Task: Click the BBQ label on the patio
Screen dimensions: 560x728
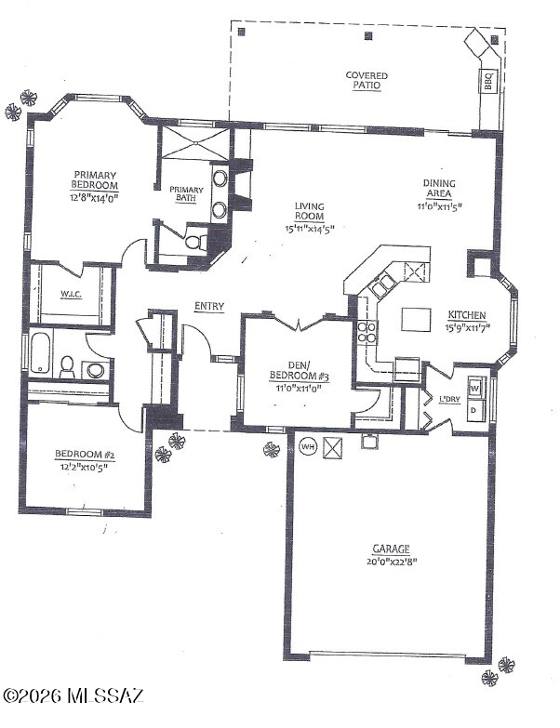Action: [488, 81]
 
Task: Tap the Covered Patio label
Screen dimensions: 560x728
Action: [367, 80]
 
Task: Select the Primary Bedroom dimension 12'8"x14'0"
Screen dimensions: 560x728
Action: [95, 197]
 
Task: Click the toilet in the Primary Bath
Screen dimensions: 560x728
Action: [196, 242]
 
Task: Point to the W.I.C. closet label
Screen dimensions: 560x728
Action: [71, 295]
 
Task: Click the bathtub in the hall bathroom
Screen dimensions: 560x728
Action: [40, 353]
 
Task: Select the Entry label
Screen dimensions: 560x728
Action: [209, 307]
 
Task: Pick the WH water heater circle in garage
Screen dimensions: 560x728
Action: [308, 447]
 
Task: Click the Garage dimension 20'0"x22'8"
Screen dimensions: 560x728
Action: [392, 562]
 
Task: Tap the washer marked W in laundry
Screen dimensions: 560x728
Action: [475, 387]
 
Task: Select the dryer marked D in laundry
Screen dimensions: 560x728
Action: [474, 410]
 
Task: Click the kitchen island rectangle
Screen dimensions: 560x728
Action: [416, 319]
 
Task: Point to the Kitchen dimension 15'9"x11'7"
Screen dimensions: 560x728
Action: [467, 328]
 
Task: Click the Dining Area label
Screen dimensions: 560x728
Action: [439, 188]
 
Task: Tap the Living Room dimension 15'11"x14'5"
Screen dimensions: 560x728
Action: [310, 229]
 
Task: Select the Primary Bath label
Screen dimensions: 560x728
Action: [186, 193]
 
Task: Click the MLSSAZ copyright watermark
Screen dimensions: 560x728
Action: [73, 695]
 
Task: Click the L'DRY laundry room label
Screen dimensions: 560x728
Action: [449, 399]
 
